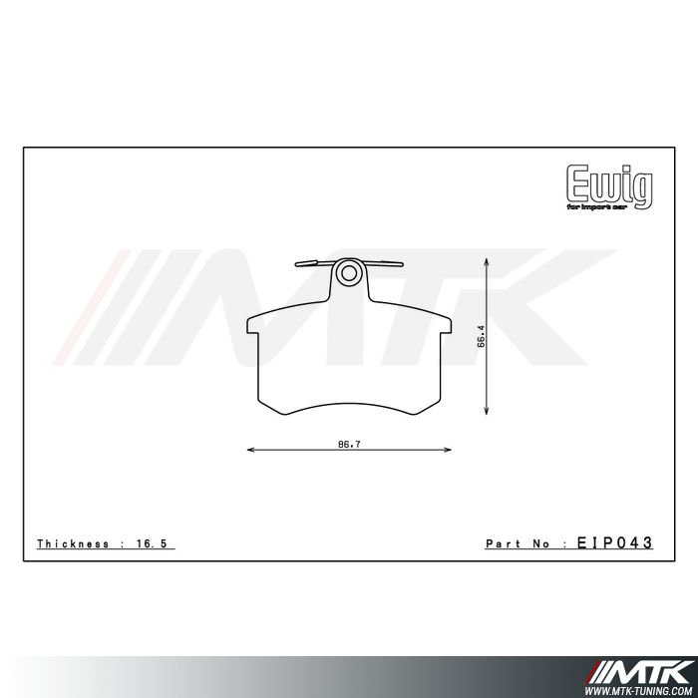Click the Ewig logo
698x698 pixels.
click(x=610, y=183)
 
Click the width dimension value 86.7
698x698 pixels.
click(x=348, y=444)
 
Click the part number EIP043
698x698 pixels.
click(x=614, y=543)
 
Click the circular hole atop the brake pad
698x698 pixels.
click(x=347, y=271)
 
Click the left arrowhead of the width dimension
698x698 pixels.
click(x=249, y=452)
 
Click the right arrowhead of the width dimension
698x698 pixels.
click(x=448, y=452)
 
